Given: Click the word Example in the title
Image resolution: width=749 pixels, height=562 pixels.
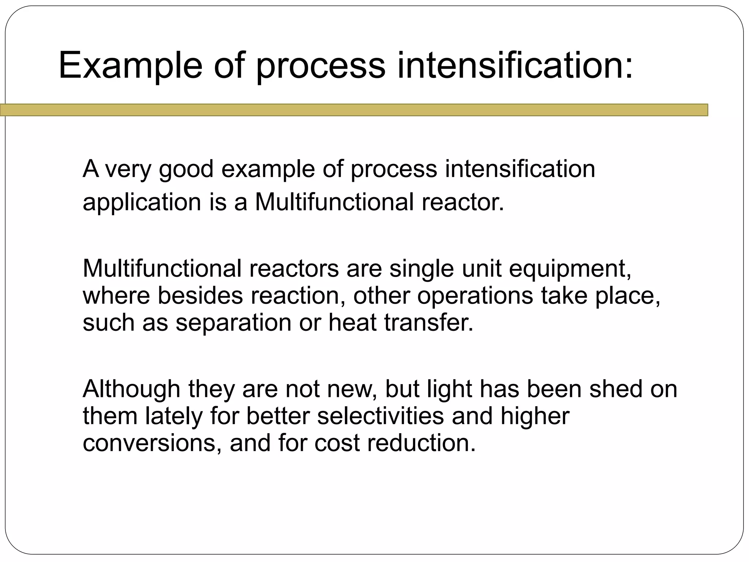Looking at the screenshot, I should [x=130, y=66].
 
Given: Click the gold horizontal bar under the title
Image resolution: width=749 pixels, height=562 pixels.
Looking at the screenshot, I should [x=354, y=110].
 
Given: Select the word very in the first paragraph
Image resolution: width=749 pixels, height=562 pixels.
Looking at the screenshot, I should [x=128, y=169].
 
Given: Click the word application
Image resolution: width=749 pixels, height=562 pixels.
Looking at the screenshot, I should [x=142, y=202].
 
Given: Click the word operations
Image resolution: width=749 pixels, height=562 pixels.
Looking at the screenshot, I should [x=475, y=296].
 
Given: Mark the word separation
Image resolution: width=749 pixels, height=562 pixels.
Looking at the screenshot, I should [x=233, y=323].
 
